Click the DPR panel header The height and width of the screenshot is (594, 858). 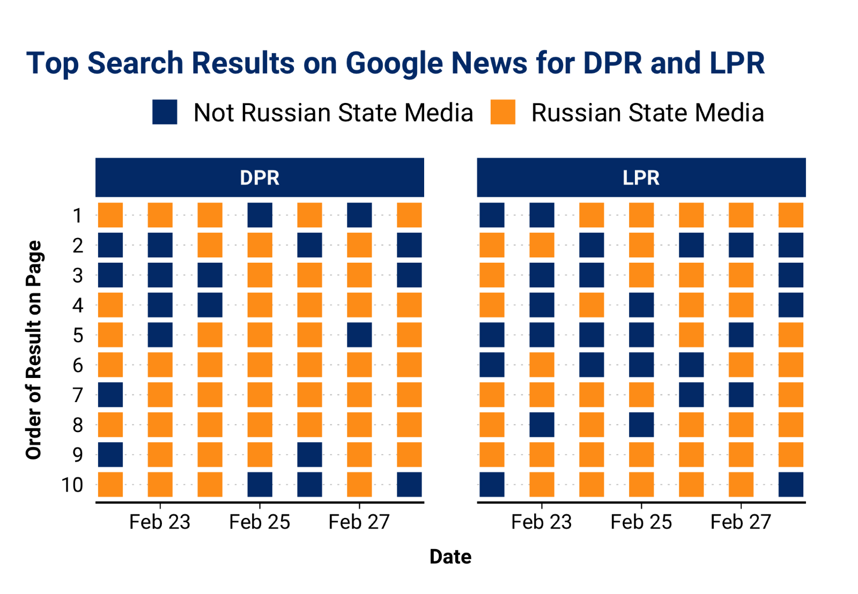(260, 177)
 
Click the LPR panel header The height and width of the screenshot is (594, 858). (641, 177)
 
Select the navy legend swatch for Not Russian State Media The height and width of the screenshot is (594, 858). (165, 112)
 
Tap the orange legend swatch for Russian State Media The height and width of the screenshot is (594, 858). (502, 112)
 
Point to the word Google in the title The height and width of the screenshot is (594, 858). (395, 63)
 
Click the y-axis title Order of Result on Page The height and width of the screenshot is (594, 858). (34, 350)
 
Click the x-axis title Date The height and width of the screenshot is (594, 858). (450, 557)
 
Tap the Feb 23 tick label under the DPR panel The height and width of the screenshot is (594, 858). (160, 522)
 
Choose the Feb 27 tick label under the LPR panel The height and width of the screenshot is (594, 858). (741, 522)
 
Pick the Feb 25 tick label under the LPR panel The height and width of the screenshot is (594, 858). (641, 522)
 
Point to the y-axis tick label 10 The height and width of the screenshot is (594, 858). (72, 485)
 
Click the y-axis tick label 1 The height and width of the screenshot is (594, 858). (78, 216)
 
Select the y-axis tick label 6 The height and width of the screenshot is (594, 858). (78, 365)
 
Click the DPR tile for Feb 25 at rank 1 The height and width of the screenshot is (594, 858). (260, 216)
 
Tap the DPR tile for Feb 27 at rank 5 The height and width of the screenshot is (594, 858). (359, 335)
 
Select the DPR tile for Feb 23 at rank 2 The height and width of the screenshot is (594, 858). (160, 246)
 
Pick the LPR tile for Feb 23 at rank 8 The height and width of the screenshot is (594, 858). (542, 425)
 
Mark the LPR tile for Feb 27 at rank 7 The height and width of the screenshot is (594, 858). (741, 395)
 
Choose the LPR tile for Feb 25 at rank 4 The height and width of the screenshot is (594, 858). (641, 305)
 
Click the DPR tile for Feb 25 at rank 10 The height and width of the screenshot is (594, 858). (260, 485)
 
